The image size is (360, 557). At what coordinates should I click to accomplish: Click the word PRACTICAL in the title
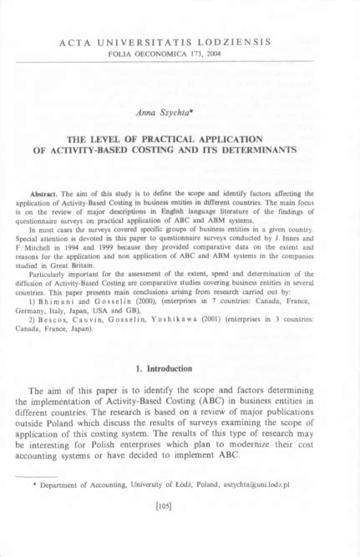[x=180, y=138]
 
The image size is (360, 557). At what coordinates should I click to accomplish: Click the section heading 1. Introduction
[x=180, y=369]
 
